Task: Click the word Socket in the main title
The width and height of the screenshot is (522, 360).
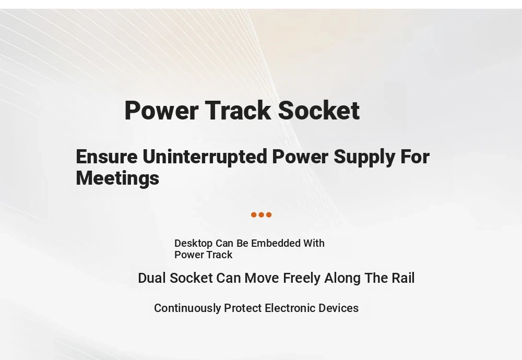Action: point(318,110)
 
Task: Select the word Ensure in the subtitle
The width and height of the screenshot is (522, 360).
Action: point(106,157)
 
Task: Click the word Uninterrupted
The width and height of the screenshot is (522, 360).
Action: point(205,157)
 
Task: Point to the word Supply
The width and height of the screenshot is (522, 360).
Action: point(364,157)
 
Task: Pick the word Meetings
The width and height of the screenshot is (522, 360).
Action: point(117,178)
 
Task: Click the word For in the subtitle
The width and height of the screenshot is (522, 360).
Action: point(415,157)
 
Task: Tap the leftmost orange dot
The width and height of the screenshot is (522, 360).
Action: point(254,215)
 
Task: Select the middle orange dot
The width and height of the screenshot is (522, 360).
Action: point(262,215)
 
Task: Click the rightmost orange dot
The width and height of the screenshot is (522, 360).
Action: point(269,215)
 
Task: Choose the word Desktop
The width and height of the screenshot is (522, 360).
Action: point(194,244)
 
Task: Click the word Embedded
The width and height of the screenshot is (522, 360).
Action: point(276,243)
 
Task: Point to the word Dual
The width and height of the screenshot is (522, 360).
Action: point(152,278)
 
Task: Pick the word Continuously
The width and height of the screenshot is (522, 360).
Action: point(187,308)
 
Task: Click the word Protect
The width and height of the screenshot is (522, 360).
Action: point(243,308)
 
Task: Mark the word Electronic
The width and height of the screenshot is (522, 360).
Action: point(290,308)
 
